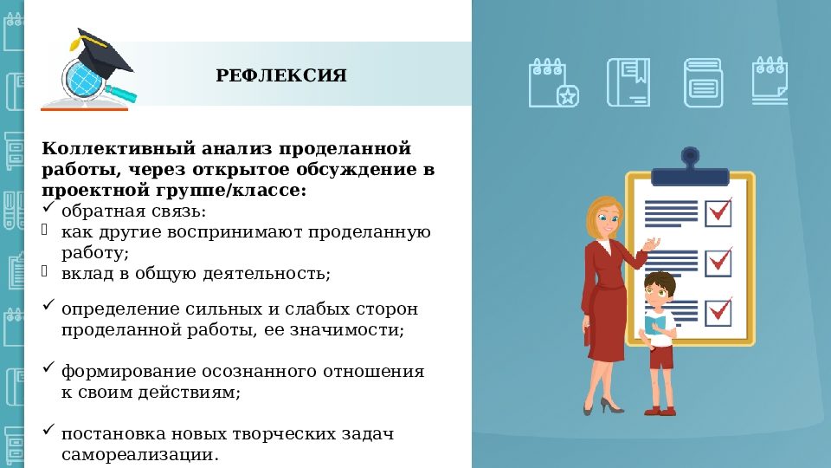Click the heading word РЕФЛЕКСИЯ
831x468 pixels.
(x=281, y=76)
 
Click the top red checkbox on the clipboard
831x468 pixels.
(x=718, y=211)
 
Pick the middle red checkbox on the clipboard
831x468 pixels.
(x=718, y=262)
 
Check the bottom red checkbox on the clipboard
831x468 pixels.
(x=718, y=311)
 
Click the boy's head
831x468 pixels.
(x=660, y=291)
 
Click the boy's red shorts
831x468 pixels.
(x=661, y=355)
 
